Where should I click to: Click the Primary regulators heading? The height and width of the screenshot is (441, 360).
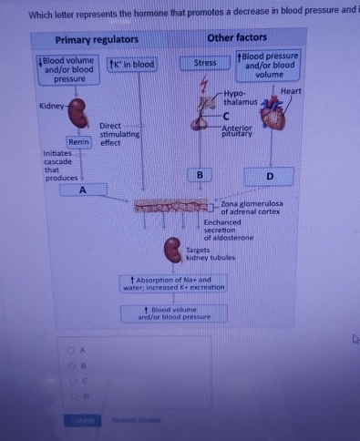(97, 40)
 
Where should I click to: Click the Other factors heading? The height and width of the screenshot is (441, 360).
(237, 37)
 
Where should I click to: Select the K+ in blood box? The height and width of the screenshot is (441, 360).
(132, 64)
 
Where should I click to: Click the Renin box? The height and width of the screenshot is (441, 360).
(77, 142)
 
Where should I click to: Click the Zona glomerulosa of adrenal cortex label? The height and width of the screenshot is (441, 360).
(252, 208)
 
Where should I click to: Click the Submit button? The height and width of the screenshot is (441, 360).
(79, 420)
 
